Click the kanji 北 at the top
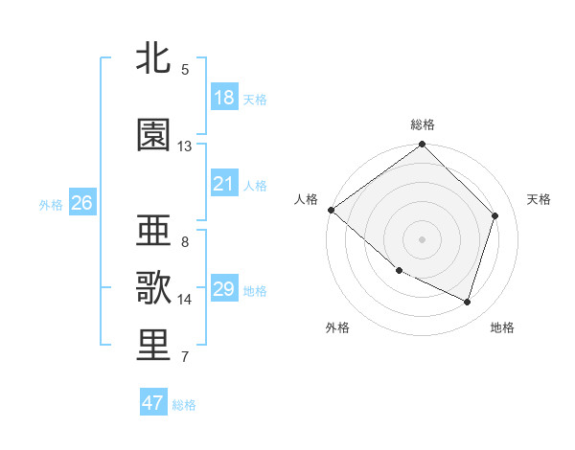click(154, 57)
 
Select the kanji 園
click(154, 135)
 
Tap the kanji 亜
click(154, 232)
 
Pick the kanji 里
click(154, 346)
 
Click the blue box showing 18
click(224, 98)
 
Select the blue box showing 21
click(224, 184)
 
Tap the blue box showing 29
click(224, 289)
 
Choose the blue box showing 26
click(81, 203)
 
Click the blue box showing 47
click(153, 403)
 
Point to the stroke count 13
click(185, 146)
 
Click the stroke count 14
click(185, 300)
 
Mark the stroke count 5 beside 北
click(185, 69)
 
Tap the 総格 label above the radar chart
click(423, 124)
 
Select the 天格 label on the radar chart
click(539, 199)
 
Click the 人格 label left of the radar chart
click(307, 199)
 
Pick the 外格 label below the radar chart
click(337, 327)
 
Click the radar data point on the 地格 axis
click(468, 302)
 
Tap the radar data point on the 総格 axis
click(423, 145)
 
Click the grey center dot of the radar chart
click(423, 238)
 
